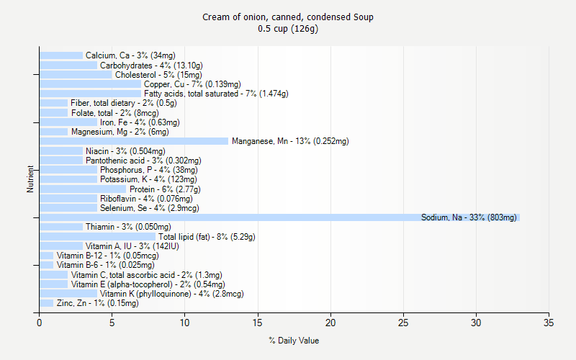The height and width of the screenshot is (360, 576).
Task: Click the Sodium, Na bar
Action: click(x=279, y=217)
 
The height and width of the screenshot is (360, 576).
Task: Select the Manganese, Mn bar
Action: click(x=134, y=141)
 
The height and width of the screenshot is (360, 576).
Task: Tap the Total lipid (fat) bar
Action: click(x=97, y=236)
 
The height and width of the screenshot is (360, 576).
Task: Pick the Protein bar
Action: click(x=83, y=189)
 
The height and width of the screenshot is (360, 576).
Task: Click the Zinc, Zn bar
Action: click(x=46, y=303)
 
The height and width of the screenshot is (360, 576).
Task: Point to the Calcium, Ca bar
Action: click(x=61, y=55)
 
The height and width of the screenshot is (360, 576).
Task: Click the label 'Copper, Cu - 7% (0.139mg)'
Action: click(x=192, y=84)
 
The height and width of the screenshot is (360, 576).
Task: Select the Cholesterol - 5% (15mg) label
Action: click(x=158, y=75)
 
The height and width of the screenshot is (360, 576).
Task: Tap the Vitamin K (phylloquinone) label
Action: click(x=171, y=294)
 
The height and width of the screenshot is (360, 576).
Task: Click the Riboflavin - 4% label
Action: click(x=146, y=199)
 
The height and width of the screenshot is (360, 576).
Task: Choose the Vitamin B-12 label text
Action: click(x=107, y=256)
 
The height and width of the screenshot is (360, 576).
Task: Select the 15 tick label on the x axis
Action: click(x=258, y=323)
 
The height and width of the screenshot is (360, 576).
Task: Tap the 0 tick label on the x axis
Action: click(x=40, y=323)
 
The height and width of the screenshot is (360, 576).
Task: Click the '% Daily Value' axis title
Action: click(x=294, y=341)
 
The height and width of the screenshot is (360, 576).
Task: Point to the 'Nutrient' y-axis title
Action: click(x=30, y=179)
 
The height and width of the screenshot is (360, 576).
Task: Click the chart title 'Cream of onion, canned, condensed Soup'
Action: click(x=288, y=17)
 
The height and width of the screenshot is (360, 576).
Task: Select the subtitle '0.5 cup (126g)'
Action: click(x=288, y=29)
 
